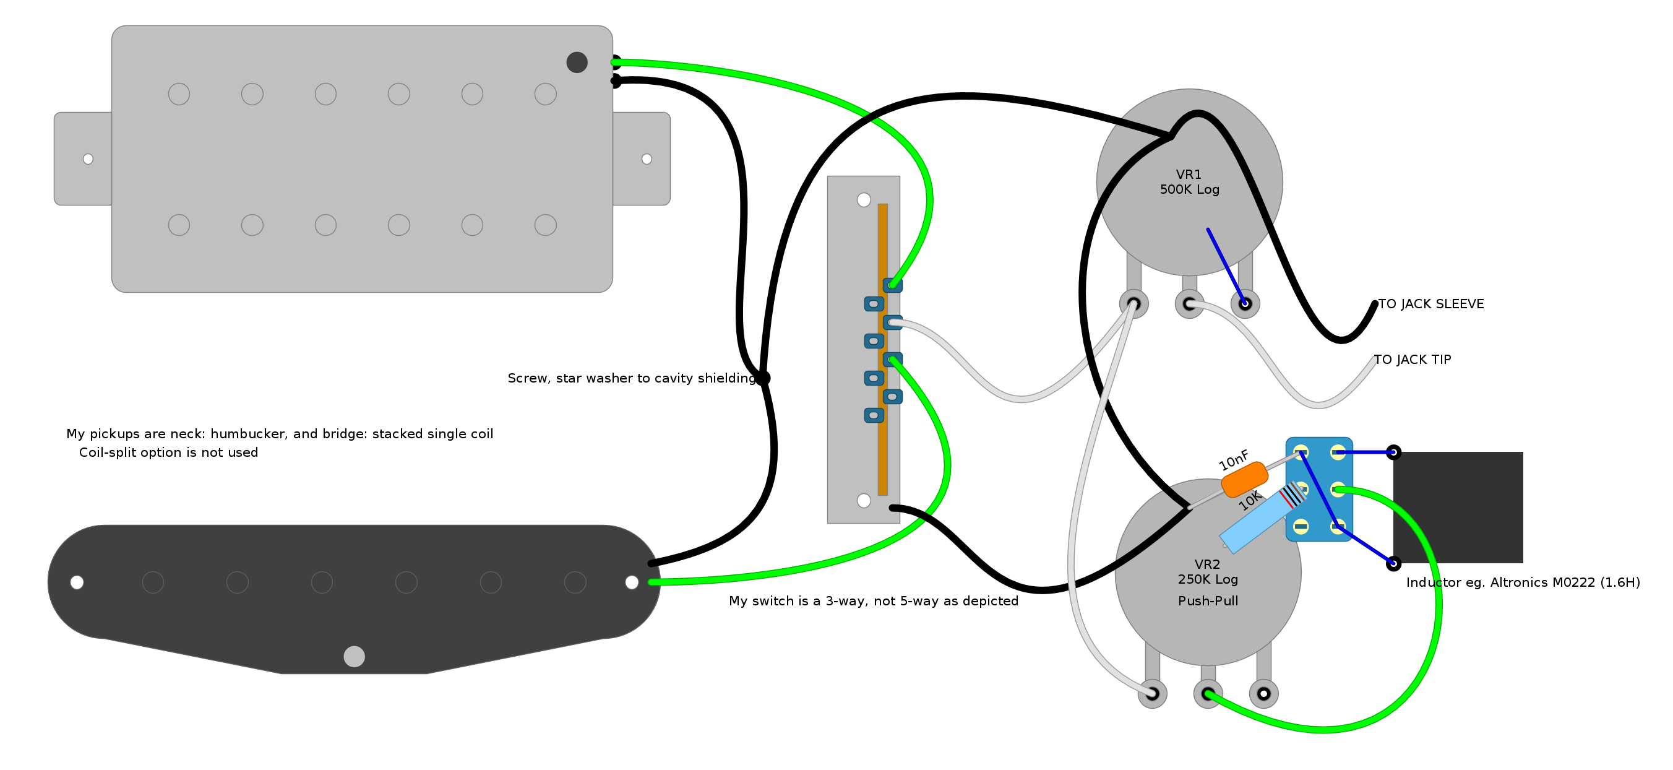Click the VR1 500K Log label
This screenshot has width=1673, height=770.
(1189, 182)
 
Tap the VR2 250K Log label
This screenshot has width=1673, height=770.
(1207, 572)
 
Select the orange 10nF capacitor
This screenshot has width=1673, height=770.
(1244, 480)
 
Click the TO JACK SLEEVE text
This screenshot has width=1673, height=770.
(1430, 304)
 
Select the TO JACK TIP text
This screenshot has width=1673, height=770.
(1413, 360)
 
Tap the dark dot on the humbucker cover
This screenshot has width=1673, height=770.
(577, 63)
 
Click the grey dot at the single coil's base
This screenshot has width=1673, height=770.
(354, 656)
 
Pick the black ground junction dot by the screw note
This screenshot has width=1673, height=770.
(762, 378)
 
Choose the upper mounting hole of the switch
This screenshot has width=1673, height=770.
(864, 200)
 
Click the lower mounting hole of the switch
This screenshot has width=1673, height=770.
(864, 500)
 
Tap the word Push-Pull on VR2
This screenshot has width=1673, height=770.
(1208, 601)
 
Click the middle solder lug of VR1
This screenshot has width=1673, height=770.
(1189, 304)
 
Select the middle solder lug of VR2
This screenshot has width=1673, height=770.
(1208, 694)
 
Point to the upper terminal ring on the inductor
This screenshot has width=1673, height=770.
(1394, 452)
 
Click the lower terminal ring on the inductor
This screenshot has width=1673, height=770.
(1394, 563)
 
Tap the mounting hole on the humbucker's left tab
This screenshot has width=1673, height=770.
(88, 159)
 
